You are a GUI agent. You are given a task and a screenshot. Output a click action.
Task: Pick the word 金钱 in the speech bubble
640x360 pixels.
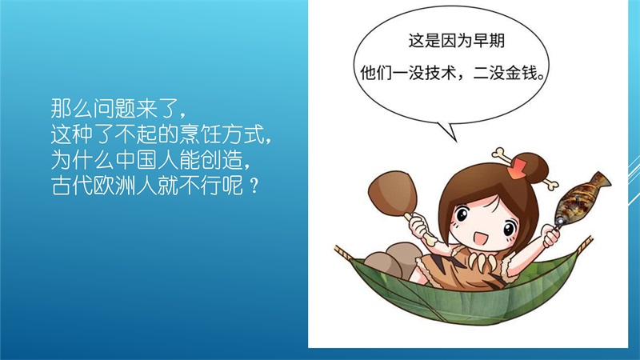pos(522,74)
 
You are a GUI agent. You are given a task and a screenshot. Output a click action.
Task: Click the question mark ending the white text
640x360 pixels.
pos(254,186)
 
